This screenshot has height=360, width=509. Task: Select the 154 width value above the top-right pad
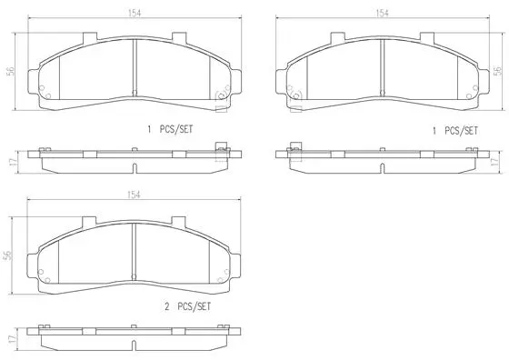[383, 14]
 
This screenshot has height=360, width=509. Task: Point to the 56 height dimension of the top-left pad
[11, 73]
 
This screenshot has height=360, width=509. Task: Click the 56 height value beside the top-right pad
[495, 73]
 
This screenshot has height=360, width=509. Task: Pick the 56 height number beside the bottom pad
[11, 255]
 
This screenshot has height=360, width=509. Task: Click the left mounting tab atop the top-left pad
[87, 40]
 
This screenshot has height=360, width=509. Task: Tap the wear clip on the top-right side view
[294, 148]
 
